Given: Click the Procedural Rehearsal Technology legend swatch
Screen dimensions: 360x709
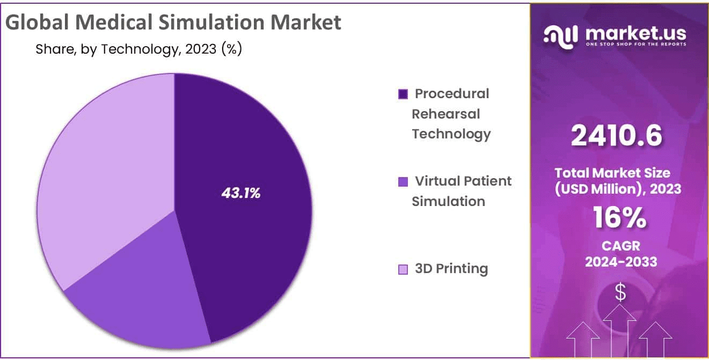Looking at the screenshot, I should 403,94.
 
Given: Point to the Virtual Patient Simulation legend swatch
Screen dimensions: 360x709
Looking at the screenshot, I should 403,182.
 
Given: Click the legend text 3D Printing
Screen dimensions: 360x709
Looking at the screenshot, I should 451,269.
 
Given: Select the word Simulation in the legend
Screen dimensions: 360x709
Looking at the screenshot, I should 448,201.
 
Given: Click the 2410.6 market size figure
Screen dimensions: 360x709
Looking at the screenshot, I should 616,136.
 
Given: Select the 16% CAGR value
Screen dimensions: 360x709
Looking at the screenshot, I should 619,217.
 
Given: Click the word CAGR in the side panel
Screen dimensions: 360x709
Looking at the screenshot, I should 620,246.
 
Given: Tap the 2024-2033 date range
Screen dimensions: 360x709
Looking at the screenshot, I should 620,262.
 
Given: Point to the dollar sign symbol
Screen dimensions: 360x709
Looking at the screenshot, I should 620,292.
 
